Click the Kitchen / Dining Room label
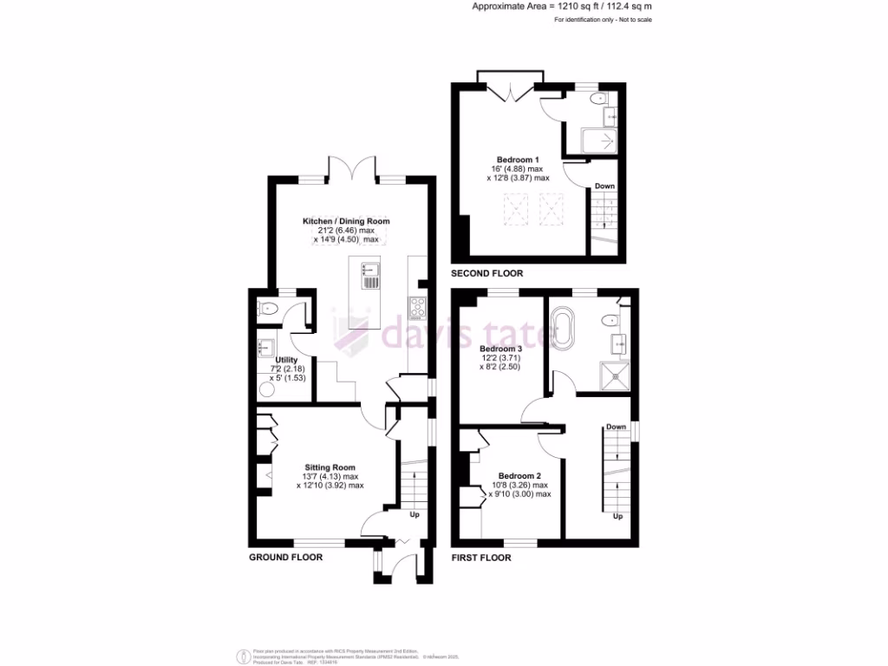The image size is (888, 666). coord(346,221)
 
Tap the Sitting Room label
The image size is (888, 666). coord(330,467)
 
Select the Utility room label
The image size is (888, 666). coord(286,360)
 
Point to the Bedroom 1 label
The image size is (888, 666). coord(518,160)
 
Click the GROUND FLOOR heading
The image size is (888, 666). coord(285,558)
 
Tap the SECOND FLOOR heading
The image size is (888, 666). coord(486,273)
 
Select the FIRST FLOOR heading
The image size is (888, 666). coord(480,558)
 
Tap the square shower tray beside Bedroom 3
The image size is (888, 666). coord(613,375)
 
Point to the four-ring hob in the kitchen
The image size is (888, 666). coord(417,306)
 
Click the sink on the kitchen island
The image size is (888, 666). coord(368,269)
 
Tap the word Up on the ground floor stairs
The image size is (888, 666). coord(415,515)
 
